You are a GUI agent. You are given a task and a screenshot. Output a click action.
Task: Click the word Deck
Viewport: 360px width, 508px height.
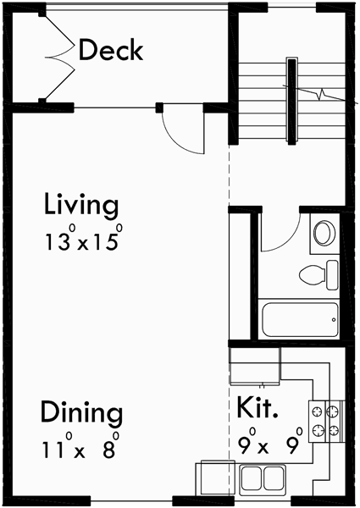tap(111, 51)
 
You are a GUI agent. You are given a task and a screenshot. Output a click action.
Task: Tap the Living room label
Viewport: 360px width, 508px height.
tap(81, 206)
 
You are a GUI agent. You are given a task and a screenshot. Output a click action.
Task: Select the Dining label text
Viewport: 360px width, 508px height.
tap(81, 414)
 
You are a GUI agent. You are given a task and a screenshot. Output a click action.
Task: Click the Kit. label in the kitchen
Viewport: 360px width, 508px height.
tap(258, 410)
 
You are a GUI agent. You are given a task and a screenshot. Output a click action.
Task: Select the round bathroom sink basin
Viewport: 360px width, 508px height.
tap(324, 233)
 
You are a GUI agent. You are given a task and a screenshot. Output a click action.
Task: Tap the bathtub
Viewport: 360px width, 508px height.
tap(296, 320)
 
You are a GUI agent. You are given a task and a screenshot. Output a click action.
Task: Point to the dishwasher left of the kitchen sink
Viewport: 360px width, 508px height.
tap(213, 478)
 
